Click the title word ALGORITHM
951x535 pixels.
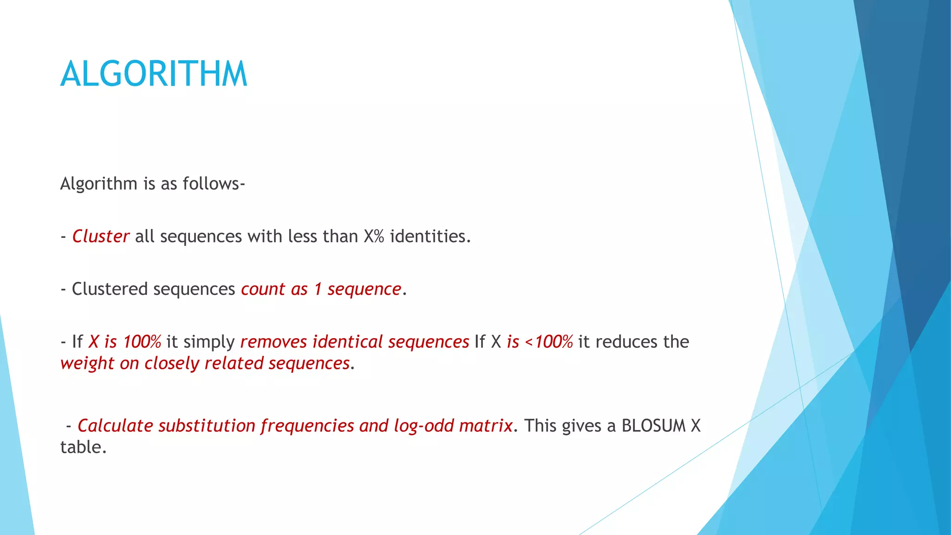point(154,74)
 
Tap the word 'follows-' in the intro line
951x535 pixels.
point(214,184)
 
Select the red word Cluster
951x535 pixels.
point(100,236)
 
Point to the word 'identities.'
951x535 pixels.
point(430,236)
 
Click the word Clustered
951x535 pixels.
point(110,289)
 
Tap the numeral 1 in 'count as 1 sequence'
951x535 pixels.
point(318,289)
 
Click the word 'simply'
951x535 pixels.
point(209,342)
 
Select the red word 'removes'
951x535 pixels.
point(274,342)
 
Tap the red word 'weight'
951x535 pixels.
point(87,364)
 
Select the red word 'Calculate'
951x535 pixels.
point(115,426)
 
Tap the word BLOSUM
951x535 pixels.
point(653,426)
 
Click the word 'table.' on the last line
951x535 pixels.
point(84,447)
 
